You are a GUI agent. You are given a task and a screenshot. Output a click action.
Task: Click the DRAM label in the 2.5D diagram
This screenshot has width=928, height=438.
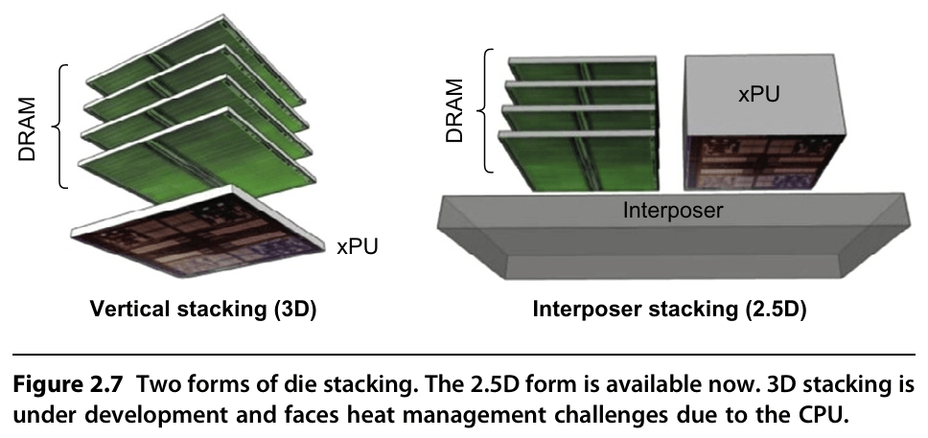pyautogui.click(x=455, y=112)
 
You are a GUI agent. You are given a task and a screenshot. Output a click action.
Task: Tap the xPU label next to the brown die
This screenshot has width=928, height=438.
pyautogui.click(x=358, y=247)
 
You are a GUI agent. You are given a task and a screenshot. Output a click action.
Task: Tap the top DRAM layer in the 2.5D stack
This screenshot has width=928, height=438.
pyautogui.click(x=580, y=69)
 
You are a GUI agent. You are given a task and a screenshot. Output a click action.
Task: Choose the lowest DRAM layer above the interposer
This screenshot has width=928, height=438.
pyautogui.click(x=580, y=163)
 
